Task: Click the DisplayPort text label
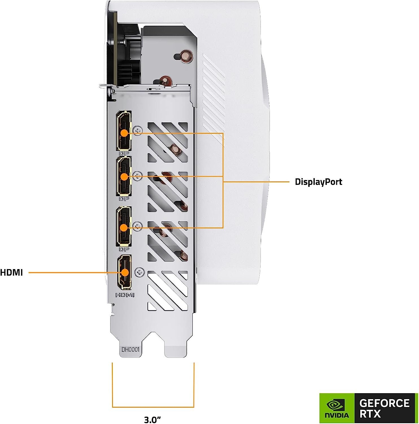click(318, 182)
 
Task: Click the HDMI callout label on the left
click(11, 273)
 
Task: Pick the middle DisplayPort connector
click(124, 176)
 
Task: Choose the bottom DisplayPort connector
click(124, 226)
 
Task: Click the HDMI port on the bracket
click(124, 272)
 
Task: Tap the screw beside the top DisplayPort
click(138, 131)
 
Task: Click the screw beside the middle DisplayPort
click(138, 177)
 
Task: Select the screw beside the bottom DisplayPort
click(138, 226)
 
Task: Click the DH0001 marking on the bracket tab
click(131, 350)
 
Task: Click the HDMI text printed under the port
click(125, 295)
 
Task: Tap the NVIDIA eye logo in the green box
click(336, 406)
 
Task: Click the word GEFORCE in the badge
click(384, 403)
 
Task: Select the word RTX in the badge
click(370, 414)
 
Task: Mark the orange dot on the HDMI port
click(125, 272)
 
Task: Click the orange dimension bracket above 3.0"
click(153, 407)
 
